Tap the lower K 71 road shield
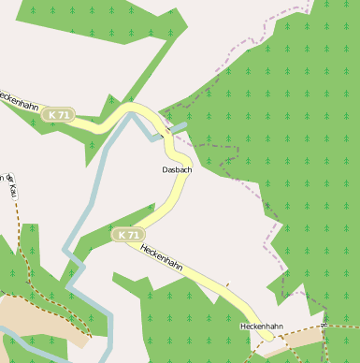128,234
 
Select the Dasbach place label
177,170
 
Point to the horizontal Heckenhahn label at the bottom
261,326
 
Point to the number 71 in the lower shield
133,234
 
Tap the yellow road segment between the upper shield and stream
98,121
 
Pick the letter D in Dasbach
165,170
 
